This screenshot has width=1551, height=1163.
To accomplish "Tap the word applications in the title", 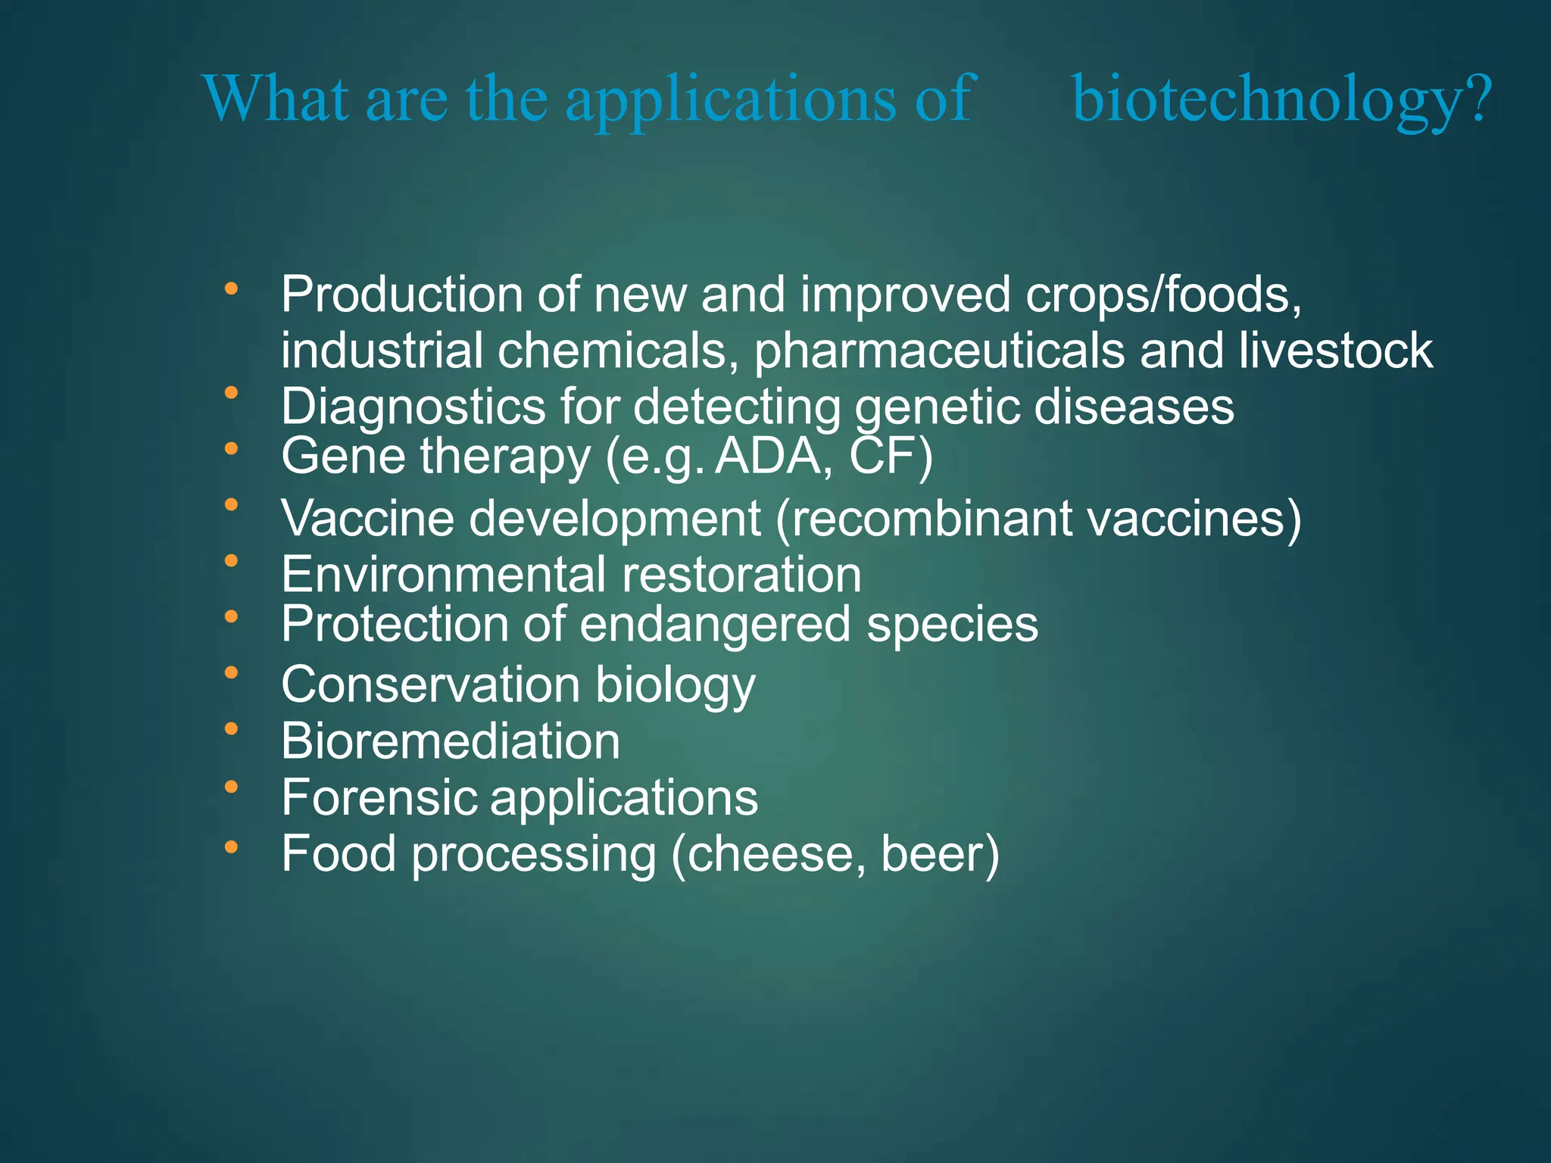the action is [x=731, y=101].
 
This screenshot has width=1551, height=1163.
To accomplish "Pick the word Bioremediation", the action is [x=451, y=741].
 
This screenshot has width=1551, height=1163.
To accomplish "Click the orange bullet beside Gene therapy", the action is [x=231, y=449].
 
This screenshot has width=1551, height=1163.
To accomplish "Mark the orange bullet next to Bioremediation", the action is [x=231, y=729].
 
